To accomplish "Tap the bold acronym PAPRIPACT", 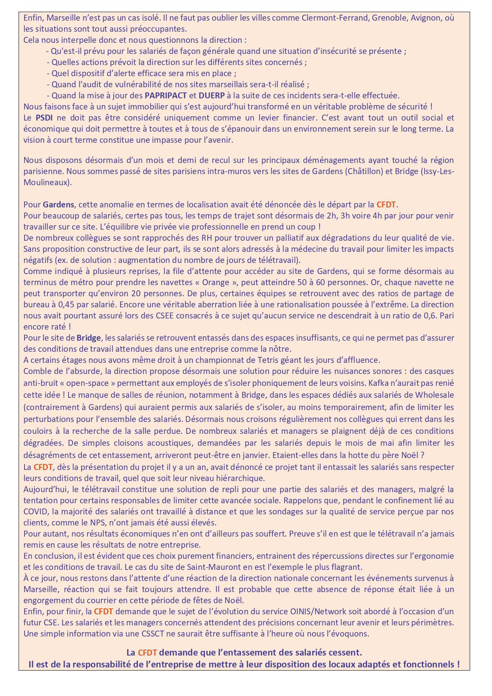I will [166, 96].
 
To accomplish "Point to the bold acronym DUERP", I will [212, 96].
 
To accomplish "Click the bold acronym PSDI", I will [44, 118].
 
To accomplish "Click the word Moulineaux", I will [46, 182].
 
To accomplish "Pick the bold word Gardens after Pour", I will [58, 205].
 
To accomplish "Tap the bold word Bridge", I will [89, 338].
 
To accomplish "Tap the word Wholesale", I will [434, 395].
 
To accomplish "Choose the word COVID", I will [35, 512].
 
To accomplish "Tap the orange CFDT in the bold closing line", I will [147, 652].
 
